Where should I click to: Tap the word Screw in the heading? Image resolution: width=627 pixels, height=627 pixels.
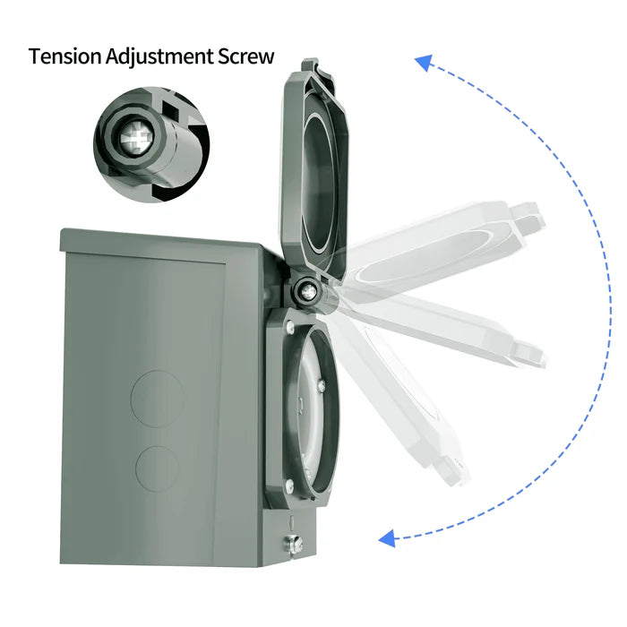(243, 56)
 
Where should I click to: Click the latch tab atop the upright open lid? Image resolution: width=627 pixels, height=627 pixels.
(310, 66)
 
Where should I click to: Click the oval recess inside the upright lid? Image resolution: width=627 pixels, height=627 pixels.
(318, 180)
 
